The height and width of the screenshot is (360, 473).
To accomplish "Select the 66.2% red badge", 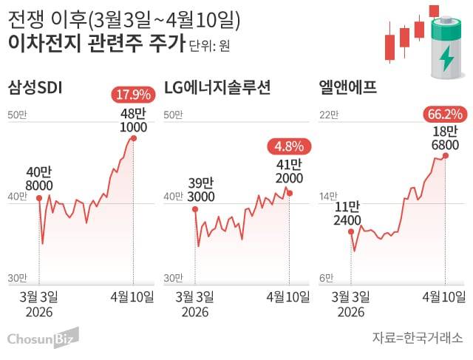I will (x=443, y=114).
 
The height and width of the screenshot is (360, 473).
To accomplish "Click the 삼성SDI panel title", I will (x=34, y=89).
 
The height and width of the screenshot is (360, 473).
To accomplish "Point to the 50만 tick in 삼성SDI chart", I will (x=17, y=115).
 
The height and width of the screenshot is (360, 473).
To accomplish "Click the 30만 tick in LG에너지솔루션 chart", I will (x=173, y=277).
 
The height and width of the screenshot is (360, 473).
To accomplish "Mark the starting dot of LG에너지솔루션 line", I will (x=195, y=209).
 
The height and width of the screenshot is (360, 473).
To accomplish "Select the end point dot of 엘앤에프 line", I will (x=445, y=155).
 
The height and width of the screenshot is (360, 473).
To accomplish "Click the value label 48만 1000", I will (x=133, y=120).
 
